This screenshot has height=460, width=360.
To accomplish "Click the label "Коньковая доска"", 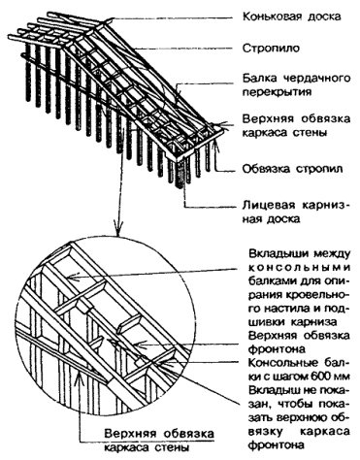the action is (x=292, y=16).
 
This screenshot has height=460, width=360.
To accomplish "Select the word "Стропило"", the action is (x=272, y=49).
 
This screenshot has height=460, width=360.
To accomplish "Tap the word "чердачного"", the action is (x=317, y=79).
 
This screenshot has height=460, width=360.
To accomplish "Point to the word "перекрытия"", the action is (x=278, y=92).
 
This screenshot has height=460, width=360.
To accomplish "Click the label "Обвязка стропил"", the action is (x=292, y=169).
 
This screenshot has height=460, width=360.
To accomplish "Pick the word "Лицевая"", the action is (x=269, y=206).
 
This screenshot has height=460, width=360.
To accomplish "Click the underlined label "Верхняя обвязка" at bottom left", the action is (x=159, y=434).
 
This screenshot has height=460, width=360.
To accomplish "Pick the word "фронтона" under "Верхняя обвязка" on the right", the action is (x=277, y=349).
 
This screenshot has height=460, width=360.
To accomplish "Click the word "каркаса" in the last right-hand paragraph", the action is (x=325, y=432).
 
